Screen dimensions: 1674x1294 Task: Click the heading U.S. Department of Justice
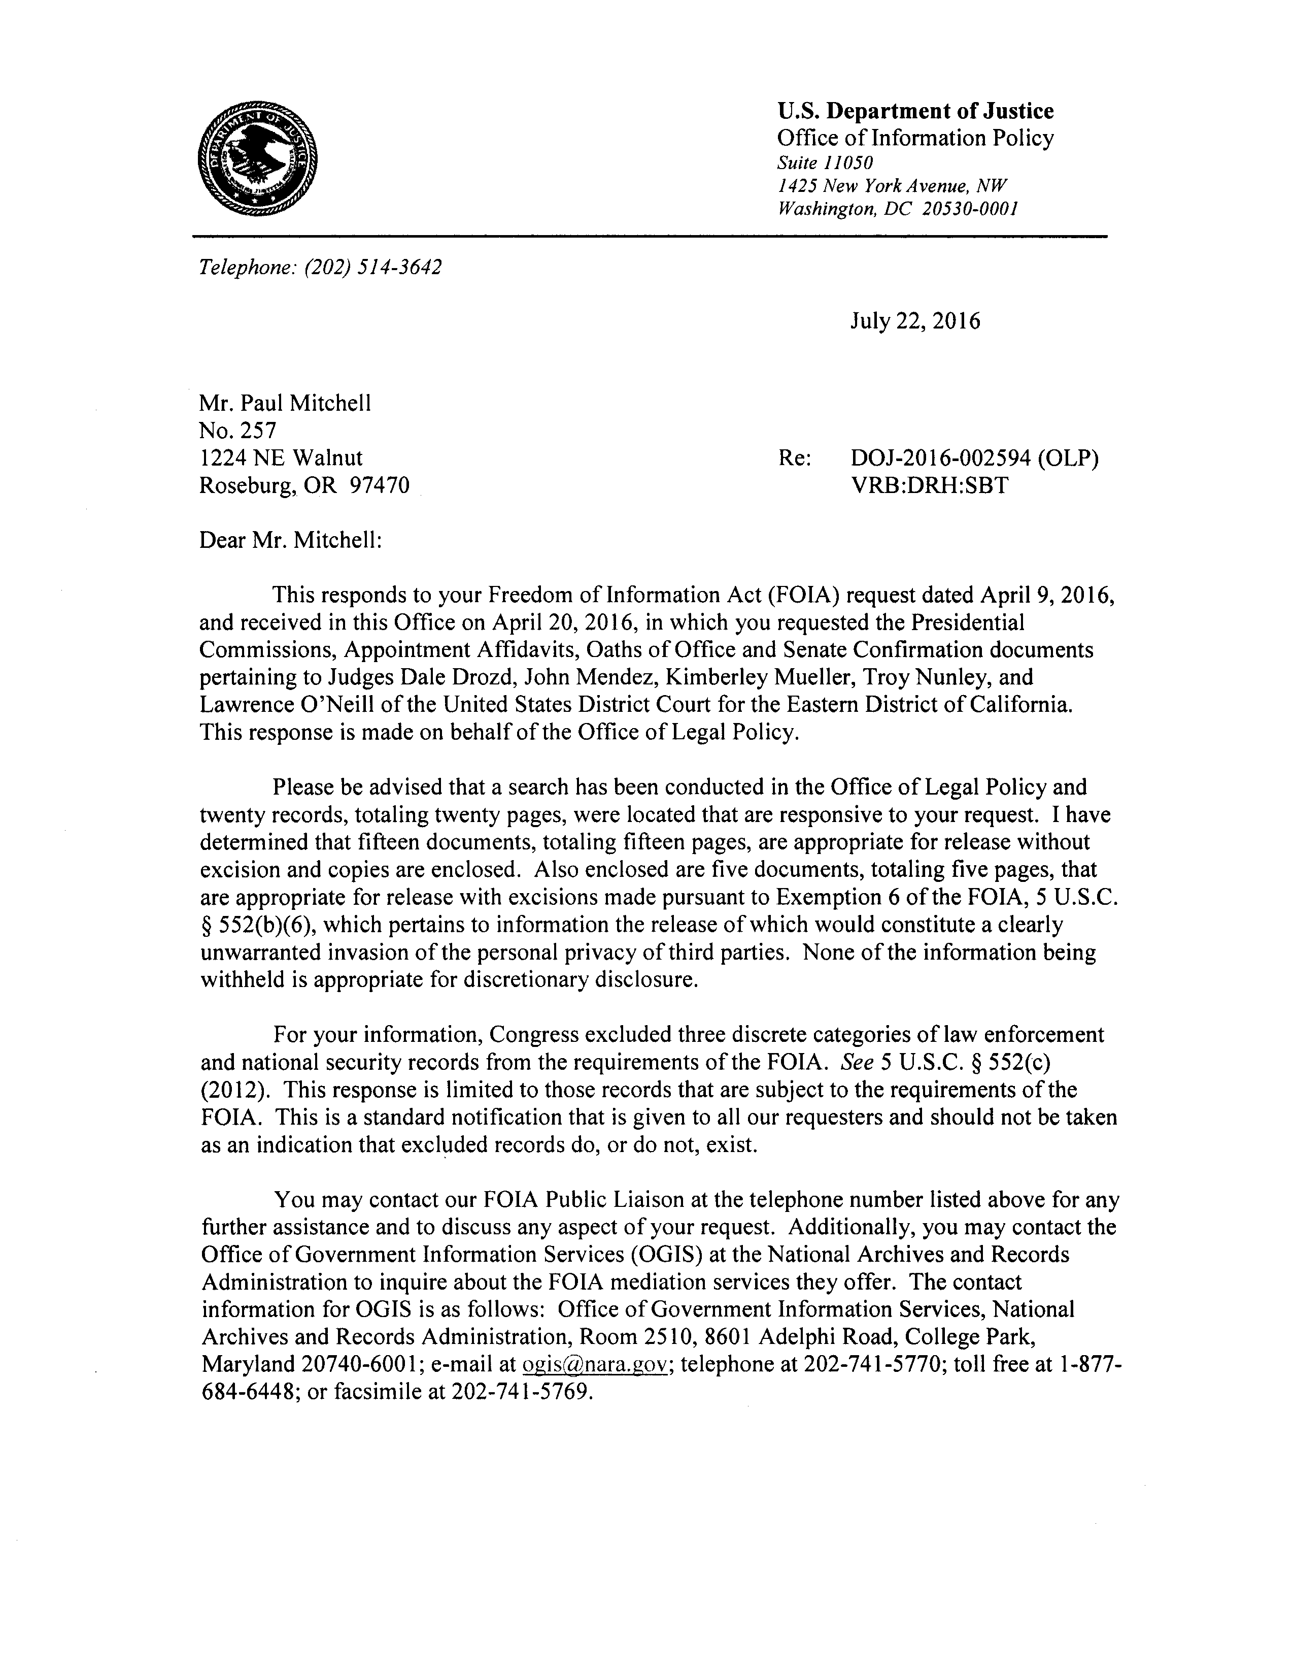(915, 112)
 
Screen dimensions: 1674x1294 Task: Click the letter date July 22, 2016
(915, 320)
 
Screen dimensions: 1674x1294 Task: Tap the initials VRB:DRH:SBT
(929, 486)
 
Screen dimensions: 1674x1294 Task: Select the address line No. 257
(237, 431)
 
